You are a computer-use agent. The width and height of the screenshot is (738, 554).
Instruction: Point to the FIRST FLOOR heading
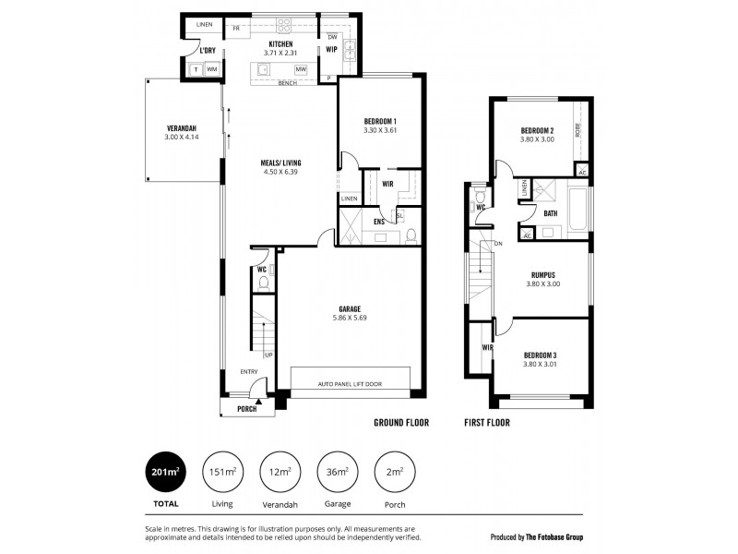[x=486, y=422]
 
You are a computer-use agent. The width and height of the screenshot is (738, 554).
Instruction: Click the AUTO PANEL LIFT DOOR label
[x=350, y=384]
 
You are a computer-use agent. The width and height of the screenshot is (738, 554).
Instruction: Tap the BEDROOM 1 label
[x=380, y=122]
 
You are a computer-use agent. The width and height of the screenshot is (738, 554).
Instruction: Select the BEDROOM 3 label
[x=540, y=355]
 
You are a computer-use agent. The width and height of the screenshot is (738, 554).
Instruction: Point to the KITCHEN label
[x=280, y=43]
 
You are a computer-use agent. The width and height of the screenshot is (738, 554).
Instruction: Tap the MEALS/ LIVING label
[x=281, y=163]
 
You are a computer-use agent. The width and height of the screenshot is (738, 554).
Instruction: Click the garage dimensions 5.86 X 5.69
[x=350, y=318]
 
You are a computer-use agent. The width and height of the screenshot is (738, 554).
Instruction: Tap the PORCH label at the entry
[x=246, y=409]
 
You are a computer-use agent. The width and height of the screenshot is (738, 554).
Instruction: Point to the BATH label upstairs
[x=551, y=214]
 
